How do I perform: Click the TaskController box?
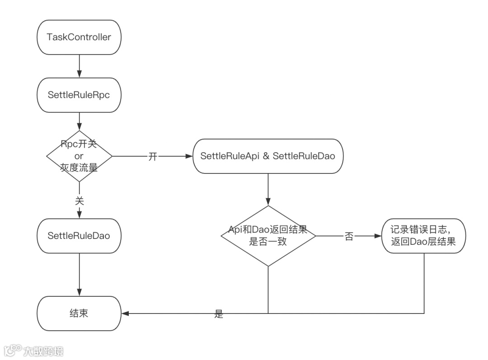point(79,37)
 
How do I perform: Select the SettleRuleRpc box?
point(79,95)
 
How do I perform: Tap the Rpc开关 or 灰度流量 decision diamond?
point(79,156)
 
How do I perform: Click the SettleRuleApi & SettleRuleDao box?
point(268,156)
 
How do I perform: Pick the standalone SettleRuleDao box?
point(79,236)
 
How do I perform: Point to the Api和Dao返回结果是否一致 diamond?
point(268,236)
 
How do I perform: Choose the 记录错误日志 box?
point(424,236)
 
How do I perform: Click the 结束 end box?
point(79,313)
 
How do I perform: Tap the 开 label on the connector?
point(153,156)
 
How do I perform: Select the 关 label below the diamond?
point(80,201)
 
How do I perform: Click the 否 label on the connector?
point(349,236)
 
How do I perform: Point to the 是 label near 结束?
point(219,314)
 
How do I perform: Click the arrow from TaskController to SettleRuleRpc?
point(80,66)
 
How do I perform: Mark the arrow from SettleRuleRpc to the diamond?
point(80,122)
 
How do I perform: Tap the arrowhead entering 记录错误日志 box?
point(379,236)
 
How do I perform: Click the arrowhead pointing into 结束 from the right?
point(125,313)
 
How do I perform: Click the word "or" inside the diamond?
point(79,156)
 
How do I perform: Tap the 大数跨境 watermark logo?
point(34,351)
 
